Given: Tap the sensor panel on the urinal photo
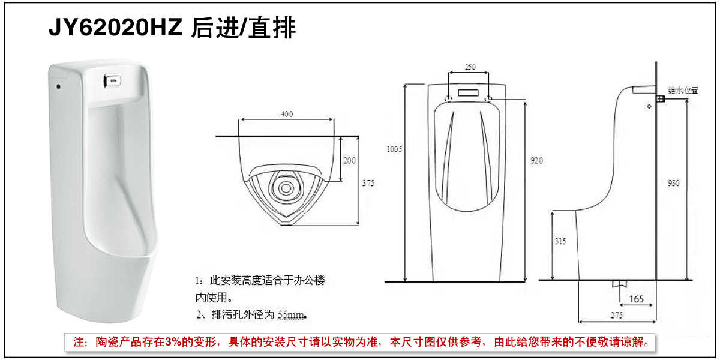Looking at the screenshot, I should [112, 79].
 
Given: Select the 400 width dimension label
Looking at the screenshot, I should [287, 114].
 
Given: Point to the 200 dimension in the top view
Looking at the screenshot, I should [349, 160].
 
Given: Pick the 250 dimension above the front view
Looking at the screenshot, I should [470, 67].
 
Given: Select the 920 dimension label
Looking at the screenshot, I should [538, 160].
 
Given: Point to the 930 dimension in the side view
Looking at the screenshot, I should [674, 183].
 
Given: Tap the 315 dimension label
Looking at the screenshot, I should [559, 241].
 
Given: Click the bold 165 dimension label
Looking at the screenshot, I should [637, 298].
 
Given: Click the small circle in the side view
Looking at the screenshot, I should [649, 107].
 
